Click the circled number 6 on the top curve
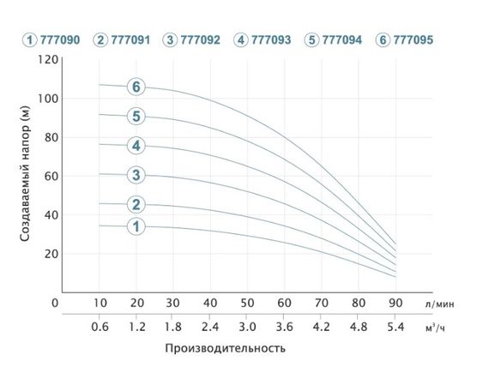(x=136, y=87)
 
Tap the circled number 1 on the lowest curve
(x=136, y=226)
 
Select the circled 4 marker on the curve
(x=136, y=145)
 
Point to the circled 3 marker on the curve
(x=136, y=176)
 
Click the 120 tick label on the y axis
(x=48, y=60)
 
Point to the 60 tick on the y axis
(x=51, y=176)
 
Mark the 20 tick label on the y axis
(x=51, y=254)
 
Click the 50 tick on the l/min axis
(x=246, y=303)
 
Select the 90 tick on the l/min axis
(x=394, y=303)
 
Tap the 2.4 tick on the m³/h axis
(x=209, y=328)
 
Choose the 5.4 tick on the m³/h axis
(x=394, y=328)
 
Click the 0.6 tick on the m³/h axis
(x=100, y=328)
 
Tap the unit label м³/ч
(x=436, y=328)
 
